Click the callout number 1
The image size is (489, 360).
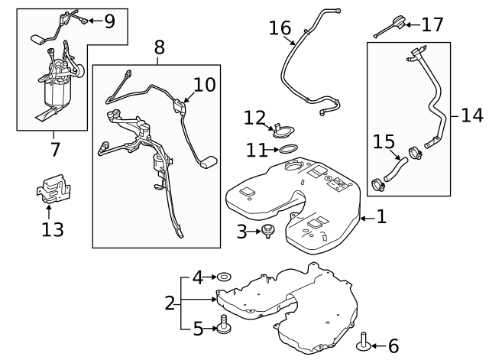[x=381, y=217]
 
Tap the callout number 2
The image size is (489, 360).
[x=170, y=303]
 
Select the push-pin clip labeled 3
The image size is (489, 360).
[x=269, y=231]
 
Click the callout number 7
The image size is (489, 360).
[x=55, y=148]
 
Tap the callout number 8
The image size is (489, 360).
[x=159, y=48]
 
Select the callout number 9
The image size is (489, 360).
[x=109, y=21]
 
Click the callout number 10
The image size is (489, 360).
[x=204, y=84]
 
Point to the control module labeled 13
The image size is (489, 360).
[x=52, y=190]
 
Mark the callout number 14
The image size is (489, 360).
[x=472, y=116]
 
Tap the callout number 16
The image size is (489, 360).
[x=280, y=29]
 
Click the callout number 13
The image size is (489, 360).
[x=52, y=228]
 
